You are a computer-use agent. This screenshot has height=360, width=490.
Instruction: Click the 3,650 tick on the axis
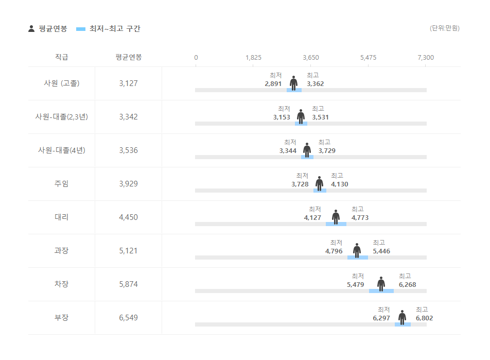(x=311, y=57)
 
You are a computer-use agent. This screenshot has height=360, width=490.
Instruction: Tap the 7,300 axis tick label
(x=426, y=57)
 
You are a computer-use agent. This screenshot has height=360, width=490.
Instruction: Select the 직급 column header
(x=62, y=57)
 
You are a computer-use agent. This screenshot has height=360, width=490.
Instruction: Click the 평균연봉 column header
(x=128, y=57)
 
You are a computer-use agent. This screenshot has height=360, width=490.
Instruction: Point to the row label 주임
(x=62, y=184)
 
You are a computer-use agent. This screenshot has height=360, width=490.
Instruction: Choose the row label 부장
(x=62, y=318)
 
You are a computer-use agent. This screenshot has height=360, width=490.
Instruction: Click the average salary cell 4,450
(x=128, y=217)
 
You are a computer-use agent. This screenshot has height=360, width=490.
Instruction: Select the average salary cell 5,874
(x=128, y=284)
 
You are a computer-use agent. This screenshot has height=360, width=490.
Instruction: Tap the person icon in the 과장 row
(x=357, y=250)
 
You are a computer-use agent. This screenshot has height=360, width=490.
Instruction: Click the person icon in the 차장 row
(x=381, y=284)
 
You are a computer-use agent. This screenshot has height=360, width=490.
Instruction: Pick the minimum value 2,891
(x=273, y=84)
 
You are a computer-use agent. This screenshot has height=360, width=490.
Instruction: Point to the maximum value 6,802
(x=424, y=318)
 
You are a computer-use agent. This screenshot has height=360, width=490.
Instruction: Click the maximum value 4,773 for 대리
(x=360, y=218)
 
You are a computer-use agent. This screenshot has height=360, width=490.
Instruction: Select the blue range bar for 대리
(x=336, y=224)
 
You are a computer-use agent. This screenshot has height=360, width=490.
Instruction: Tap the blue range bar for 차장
(x=381, y=291)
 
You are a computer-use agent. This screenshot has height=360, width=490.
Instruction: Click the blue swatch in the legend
(x=80, y=29)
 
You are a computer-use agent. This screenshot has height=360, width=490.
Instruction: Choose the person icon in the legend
(x=31, y=29)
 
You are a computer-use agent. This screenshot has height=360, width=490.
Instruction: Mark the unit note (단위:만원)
(x=445, y=28)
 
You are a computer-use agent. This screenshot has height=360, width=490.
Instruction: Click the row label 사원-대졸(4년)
(x=62, y=150)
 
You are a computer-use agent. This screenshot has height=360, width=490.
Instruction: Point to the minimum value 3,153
(x=282, y=117)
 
